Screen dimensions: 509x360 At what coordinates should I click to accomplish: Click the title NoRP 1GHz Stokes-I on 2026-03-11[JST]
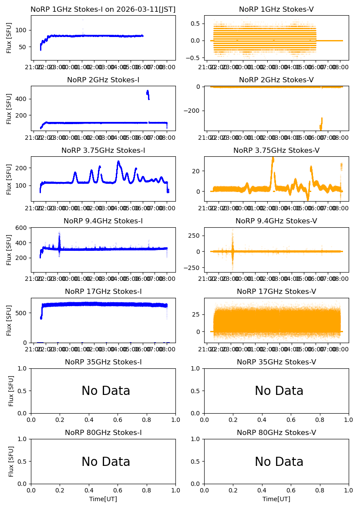[x=103, y=10]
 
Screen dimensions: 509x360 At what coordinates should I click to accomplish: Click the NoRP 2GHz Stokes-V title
[x=276, y=80]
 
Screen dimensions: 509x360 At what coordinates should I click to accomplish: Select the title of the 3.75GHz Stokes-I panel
[x=103, y=151]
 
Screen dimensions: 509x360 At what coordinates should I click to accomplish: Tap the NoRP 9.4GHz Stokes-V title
[x=276, y=221]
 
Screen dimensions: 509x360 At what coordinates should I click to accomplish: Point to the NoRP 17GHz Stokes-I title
[x=103, y=292]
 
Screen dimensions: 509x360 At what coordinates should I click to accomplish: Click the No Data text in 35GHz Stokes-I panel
[x=106, y=391]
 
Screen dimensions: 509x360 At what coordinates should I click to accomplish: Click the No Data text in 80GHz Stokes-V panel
[x=279, y=462]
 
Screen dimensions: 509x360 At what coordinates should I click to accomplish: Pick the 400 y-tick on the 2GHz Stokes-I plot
[x=23, y=99]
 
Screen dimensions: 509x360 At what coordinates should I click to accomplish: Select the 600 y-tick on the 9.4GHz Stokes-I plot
[x=23, y=228]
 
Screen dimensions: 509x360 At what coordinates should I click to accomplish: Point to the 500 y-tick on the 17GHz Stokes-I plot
[x=23, y=313]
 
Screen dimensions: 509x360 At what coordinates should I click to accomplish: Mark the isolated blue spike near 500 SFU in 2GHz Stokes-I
[x=148, y=94]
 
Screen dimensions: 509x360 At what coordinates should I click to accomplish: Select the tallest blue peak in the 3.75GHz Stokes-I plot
[x=118, y=162]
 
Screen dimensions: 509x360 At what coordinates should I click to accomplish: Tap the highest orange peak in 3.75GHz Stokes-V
[x=273, y=158]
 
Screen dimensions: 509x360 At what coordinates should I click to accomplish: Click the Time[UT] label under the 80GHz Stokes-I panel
[x=103, y=499]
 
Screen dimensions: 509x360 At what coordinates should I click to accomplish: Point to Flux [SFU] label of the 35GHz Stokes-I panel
[x=11, y=391]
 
